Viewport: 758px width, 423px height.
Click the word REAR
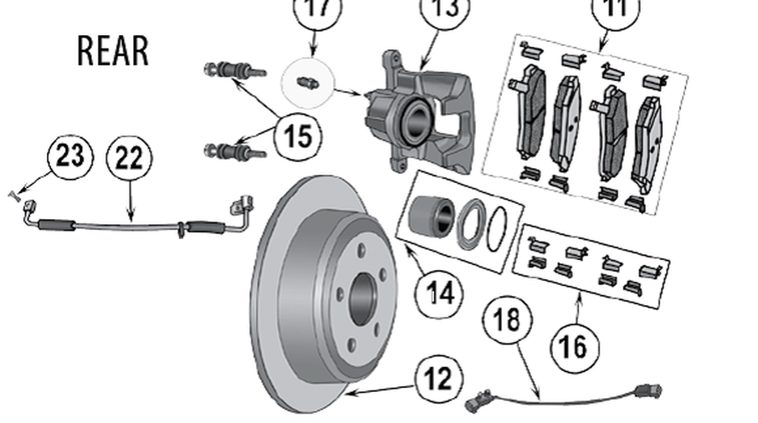coord(113,51)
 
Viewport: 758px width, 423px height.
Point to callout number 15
coord(298,135)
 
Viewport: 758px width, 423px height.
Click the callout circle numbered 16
coord(574,345)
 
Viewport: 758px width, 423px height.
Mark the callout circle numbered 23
coord(71,156)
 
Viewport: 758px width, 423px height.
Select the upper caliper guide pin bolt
coord(233,70)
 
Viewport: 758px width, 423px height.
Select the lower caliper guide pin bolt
coord(233,151)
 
